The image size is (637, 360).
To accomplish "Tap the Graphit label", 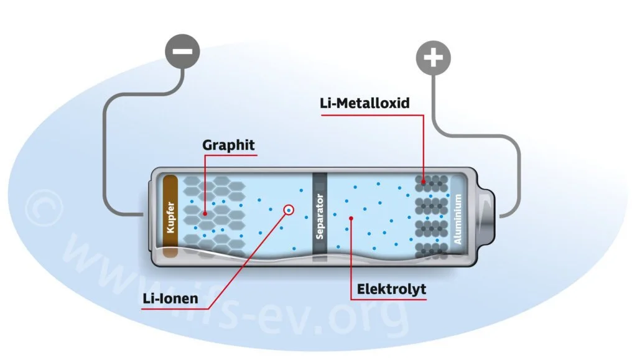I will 229,145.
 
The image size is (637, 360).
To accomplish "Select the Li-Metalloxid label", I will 365,103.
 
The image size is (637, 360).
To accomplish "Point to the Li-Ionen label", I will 170,298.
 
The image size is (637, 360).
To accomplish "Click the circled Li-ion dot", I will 289,210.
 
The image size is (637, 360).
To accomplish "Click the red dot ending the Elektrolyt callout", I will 351,218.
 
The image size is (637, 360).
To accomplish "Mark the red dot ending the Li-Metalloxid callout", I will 424,182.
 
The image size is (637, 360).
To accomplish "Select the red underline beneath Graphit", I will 229,155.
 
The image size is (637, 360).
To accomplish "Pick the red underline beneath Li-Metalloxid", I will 365,113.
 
